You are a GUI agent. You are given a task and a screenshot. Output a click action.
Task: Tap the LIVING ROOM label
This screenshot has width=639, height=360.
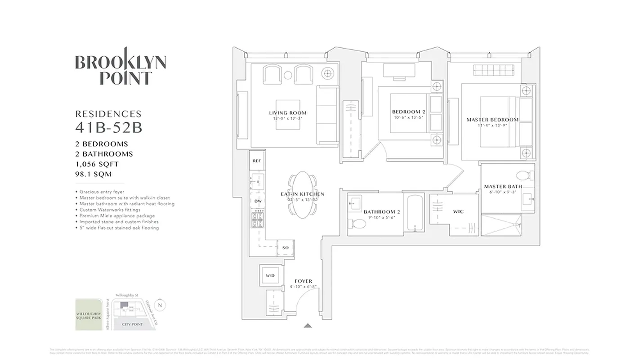(288, 113)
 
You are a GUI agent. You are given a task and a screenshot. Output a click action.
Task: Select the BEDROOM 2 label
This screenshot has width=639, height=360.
(408, 112)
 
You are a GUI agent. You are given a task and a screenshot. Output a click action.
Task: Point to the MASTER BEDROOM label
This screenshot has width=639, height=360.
(492, 120)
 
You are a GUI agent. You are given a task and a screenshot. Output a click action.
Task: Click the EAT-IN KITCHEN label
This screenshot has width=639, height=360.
(302, 194)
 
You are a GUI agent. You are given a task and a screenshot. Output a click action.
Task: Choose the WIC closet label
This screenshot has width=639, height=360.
(458, 211)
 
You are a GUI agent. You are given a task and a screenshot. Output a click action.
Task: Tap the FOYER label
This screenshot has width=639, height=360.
(303, 281)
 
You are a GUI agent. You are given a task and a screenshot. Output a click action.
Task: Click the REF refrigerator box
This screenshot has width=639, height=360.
(257, 161)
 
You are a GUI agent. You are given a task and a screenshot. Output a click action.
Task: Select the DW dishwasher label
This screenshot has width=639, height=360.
(258, 201)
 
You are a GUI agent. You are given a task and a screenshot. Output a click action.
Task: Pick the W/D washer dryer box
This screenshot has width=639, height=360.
(270, 275)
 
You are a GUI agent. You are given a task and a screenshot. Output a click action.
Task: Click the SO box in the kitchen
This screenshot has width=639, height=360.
(286, 247)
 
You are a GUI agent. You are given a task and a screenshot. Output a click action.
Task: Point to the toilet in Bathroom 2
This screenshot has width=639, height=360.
(358, 224)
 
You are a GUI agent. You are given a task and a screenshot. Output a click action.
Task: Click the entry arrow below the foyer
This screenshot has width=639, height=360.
(308, 325)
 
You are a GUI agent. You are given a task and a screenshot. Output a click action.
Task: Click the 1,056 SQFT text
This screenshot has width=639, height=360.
(97, 164)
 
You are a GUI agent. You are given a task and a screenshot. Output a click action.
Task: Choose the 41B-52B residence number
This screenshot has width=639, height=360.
(108, 128)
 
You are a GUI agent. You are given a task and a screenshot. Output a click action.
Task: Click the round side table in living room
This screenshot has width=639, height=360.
(328, 73)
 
